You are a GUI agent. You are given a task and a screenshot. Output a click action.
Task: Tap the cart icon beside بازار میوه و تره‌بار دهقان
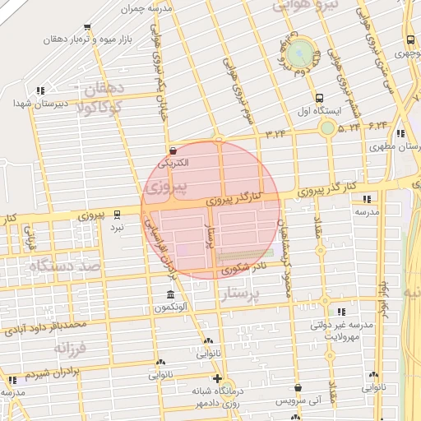pyautogui.click(x=87, y=27)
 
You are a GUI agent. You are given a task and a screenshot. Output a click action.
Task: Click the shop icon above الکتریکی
pyautogui.click(x=173, y=150)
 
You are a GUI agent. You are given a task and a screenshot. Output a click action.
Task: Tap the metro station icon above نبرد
pyautogui.click(x=118, y=213)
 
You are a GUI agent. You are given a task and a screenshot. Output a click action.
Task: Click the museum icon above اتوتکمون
pyautogui.click(x=170, y=294)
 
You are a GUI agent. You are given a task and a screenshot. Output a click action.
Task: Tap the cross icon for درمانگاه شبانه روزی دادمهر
pyautogui.click(x=217, y=379)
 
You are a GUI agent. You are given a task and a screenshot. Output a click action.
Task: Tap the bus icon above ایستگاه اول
pyautogui.click(x=321, y=97)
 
